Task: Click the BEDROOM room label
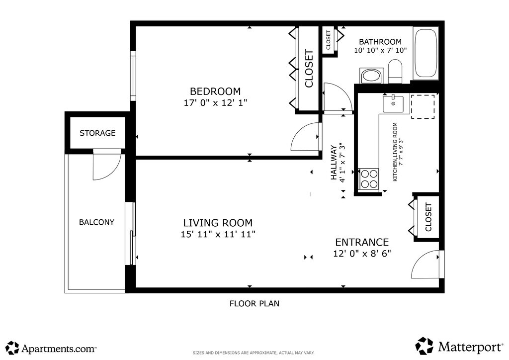[215, 91]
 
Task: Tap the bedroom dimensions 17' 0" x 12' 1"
[216, 102]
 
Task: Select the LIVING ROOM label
[218, 223]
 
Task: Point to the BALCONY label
[97, 222]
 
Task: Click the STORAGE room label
[97, 133]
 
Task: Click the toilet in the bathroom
[395, 71]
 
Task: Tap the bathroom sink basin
[372, 76]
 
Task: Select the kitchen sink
[393, 104]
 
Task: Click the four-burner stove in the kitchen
[369, 179]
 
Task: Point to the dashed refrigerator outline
[423, 106]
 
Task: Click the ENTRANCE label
[362, 242]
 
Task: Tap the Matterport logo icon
[424, 346]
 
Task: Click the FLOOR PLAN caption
[254, 303]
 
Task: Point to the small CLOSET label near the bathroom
[328, 40]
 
